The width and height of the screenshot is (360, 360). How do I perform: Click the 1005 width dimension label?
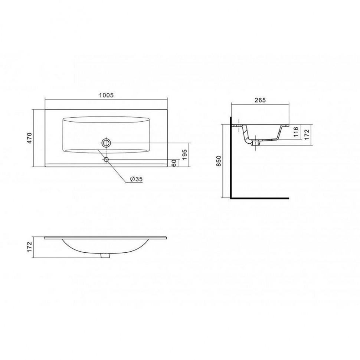point(106,95)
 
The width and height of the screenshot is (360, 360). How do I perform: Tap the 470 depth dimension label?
point(30,138)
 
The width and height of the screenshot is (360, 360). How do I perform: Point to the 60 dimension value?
point(174,163)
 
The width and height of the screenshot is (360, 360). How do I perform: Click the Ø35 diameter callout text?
point(136,179)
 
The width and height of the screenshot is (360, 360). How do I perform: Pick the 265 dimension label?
point(260,100)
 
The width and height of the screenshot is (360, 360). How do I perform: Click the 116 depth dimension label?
point(296,132)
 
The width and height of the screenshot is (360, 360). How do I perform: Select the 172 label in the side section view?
point(307,135)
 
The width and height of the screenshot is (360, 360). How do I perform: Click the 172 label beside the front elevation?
point(30,247)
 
